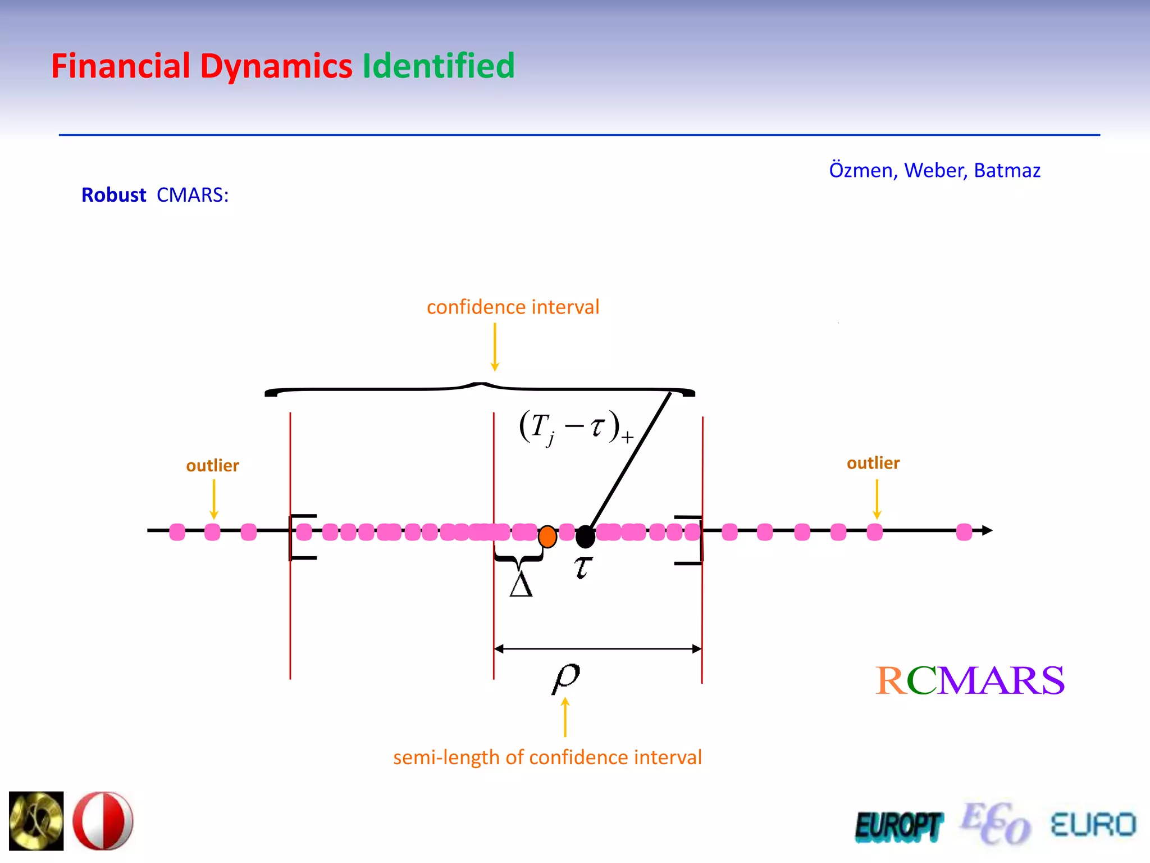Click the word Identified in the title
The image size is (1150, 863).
pyautogui.click(x=438, y=66)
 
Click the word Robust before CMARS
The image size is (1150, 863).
pyautogui.click(x=113, y=195)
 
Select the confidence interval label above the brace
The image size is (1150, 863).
pyautogui.click(x=513, y=307)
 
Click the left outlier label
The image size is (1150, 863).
pyautogui.click(x=212, y=466)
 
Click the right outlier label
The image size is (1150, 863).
pyautogui.click(x=873, y=463)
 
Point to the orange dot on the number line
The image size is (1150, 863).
pyautogui.click(x=547, y=537)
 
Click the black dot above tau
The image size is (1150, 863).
pyautogui.click(x=585, y=537)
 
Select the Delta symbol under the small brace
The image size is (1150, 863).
pyautogui.click(x=521, y=585)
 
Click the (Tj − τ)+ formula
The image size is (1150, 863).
pyautogui.click(x=576, y=428)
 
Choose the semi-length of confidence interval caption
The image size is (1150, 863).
pyautogui.click(x=547, y=757)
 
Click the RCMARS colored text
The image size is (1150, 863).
pyautogui.click(x=970, y=680)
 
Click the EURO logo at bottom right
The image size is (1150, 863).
pyautogui.click(x=1093, y=825)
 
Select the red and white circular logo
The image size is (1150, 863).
pyautogui.click(x=103, y=820)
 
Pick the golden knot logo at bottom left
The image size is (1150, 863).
pyautogui.click(x=36, y=820)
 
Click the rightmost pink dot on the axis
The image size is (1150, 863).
pyautogui.click(x=964, y=532)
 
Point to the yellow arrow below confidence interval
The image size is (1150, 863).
pyautogui.click(x=495, y=347)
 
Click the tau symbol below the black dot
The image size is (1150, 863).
pyautogui.click(x=583, y=567)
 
